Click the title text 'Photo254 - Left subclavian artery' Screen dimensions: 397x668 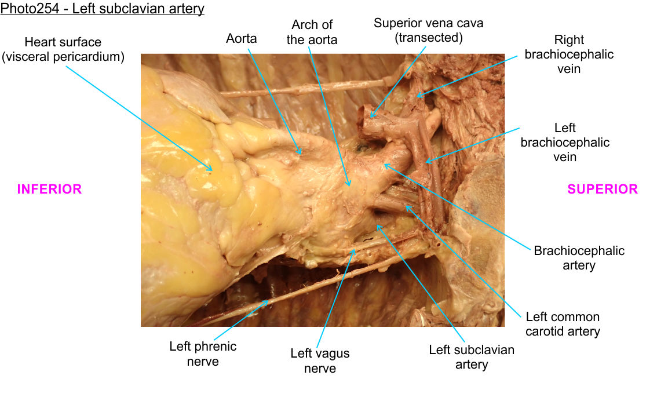click(x=103, y=10)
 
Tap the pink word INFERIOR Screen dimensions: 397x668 click(x=49, y=189)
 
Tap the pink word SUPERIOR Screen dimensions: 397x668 click(x=603, y=189)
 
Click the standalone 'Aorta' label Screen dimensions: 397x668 click(x=241, y=39)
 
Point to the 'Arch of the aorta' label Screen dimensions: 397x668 click(x=312, y=32)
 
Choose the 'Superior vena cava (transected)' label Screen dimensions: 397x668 click(x=428, y=31)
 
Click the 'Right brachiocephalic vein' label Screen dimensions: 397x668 click(x=569, y=54)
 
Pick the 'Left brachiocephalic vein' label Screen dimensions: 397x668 click(x=565, y=142)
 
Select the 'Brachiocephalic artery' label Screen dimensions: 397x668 click(x=579, y=258)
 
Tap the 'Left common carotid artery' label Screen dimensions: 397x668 click(x=562, y=324)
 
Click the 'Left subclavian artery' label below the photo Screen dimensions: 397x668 click(x=471, y=357)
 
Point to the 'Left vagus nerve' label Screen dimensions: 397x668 click(x=320, y=360)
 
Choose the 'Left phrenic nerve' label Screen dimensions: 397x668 click(x=203, y=354)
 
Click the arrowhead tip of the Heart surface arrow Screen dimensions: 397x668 click(x=212, y=170)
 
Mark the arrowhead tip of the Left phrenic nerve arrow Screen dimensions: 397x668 click(x=268, y=300)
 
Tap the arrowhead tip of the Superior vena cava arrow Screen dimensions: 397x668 click(x=371, y=118)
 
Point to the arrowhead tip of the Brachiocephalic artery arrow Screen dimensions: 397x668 click(x=384, y=165)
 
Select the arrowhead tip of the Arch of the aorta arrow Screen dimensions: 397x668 click(x=350, y=186)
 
